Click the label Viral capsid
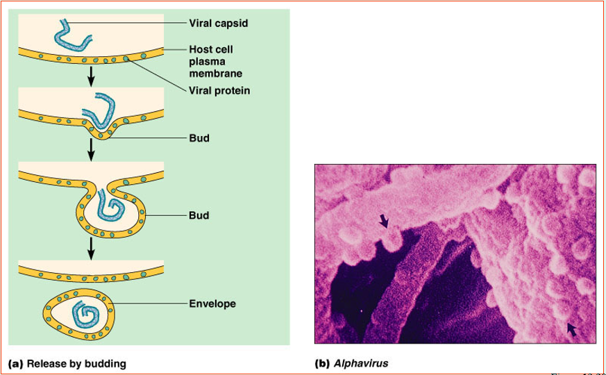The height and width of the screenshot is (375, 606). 218,24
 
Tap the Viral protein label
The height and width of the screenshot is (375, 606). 219,90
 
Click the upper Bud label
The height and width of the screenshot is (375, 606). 199,138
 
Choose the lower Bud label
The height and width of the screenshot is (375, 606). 199,215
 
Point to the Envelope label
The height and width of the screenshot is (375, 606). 212,303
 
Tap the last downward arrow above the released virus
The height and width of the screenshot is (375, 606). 90,247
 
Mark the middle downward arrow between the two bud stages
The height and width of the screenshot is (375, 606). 90,148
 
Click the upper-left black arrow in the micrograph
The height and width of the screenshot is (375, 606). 385,221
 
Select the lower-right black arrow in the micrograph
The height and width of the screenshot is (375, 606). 572,328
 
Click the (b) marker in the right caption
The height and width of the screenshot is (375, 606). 322,362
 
